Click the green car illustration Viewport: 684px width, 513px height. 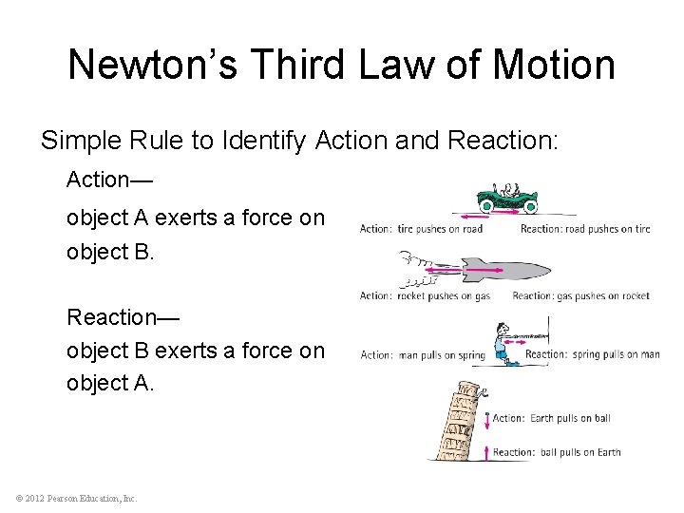click(x=507, y=197)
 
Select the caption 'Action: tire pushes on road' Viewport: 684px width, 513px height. click(x=421, y=229)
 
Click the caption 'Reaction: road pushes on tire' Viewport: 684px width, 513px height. click(x=584, y=229)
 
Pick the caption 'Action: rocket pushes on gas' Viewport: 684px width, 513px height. click(x=425, y=296)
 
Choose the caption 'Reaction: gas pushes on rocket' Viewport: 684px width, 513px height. click(x=580, y=296)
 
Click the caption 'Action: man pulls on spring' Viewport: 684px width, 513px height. click(x=423, y=355)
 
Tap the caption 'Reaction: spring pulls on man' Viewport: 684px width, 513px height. click(x=593, y=355)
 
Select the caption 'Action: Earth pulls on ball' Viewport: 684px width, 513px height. click(x=551, y=418)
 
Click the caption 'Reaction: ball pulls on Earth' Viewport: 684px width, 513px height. click(x=556, y=452)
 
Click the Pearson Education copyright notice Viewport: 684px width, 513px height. click(x=75, y=498)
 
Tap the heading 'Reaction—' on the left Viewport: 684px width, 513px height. click(x=123, y=315)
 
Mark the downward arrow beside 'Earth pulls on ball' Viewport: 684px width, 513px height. click(x=487, y=419)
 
